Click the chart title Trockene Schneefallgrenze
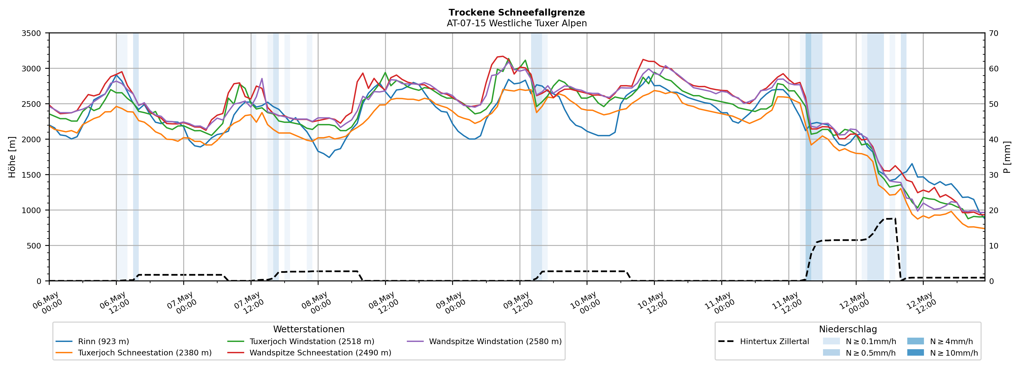[x=517, y=13]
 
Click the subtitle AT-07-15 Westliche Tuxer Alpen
[x=517, y=23]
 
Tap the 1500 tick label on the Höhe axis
[x=31, y=175]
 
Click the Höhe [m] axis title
[x=12, y=157]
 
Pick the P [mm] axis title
[x=1007, y=157]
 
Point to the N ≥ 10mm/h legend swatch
[x=915, y=352]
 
